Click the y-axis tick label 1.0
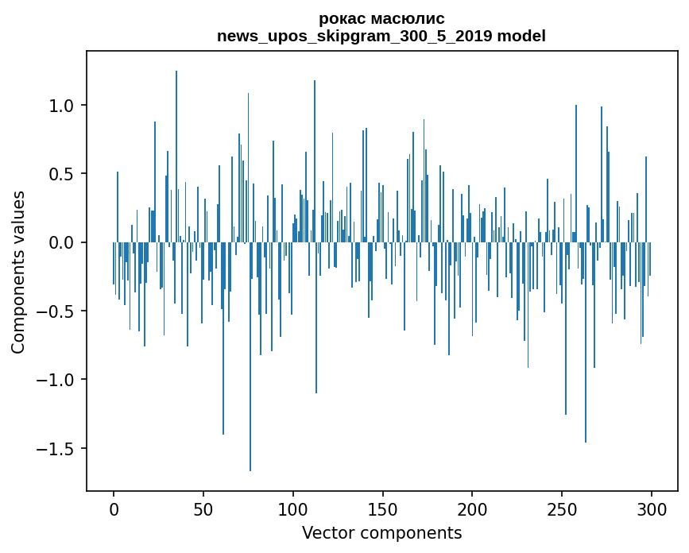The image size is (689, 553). pyautogui.click(x=63, y=106)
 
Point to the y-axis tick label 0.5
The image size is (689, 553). pyautogui.click(x=63, y=174)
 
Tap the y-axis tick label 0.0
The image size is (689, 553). pyautogui.click(x=63, y=243)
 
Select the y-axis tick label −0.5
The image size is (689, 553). pyautogui.click(x=56, y=311)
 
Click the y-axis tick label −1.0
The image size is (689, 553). pyautogui.click(x=56, y=380)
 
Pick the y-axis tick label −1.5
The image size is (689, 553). pyautogui.click(x=56, y=449)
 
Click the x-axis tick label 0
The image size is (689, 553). pyautogui.click(x=114, y=510)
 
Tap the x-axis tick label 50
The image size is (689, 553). pyautogui.click(x=203, y=510)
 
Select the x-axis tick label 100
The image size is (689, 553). pyautogui.click(x=293, y=510)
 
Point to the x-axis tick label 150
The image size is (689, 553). pyautogui.click(x=383, y=510)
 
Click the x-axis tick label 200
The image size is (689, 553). pyautogui.click(x=472, y=510)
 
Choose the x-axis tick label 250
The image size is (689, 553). pyautogui.click(x=562, y=510)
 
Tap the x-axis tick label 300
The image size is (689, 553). pyautogui.click(x=652, y=510)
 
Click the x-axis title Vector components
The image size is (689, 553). pyautogui.click(x=381, y=533)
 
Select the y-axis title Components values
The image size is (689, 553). pyautogui.click(x=18, y=273)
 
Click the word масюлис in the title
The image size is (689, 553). pyautogui.click(x=408, y=19)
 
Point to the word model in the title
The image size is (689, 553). pyautogui.click(x=521, y=36)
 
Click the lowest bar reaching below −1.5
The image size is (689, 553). pyautogui.click(x=250, y=357)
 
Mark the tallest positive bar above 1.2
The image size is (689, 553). pyautogui.click(x=176, y=157)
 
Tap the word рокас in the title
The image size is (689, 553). pyautogui.click(x=343, y=19)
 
